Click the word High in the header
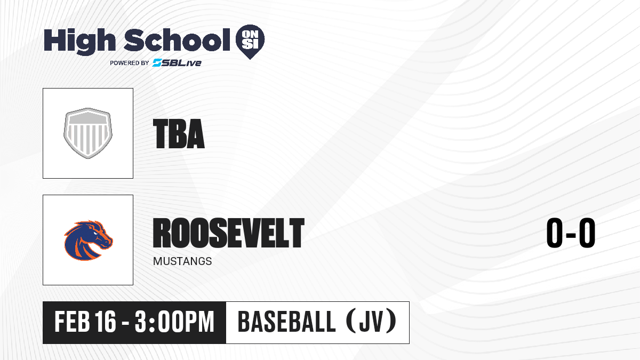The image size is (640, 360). pyautogui.click(x=79, y=42)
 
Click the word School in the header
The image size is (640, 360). pyautogui.click(x=177, y=39)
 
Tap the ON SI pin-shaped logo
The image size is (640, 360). pyautogui.click(x=250, y=42)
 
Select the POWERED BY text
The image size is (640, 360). pyautogui.click(x=130, y=63)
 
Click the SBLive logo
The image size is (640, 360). pyautogui.click(x=177, y=62)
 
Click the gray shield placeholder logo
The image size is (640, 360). pyautogui.click(x=88, y=133)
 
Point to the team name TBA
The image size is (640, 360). pyautogui.click(x=179, y=134)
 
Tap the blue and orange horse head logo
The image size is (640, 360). pyautogui.click(x=89, y=240)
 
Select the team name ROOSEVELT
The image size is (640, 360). pyautogui.click(x=229, y=233)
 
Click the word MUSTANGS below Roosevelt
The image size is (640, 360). pyautogui.click(x=182, y=261)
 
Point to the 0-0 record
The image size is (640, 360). pyautogui.click(x=571, y=233)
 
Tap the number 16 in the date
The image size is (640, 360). pyautogui.click(x=106, y=322)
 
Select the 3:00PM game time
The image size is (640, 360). pyautogui.click(x=174, y=322)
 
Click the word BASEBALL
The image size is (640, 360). pyautogui.click(x=286, y=322)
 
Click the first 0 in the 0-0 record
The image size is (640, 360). pyautogui.click(x=555, y=233)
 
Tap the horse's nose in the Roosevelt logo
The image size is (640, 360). pyautogui.click(x=109, y=242)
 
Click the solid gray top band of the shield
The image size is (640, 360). pyautogui.click(x=88, y=118)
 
